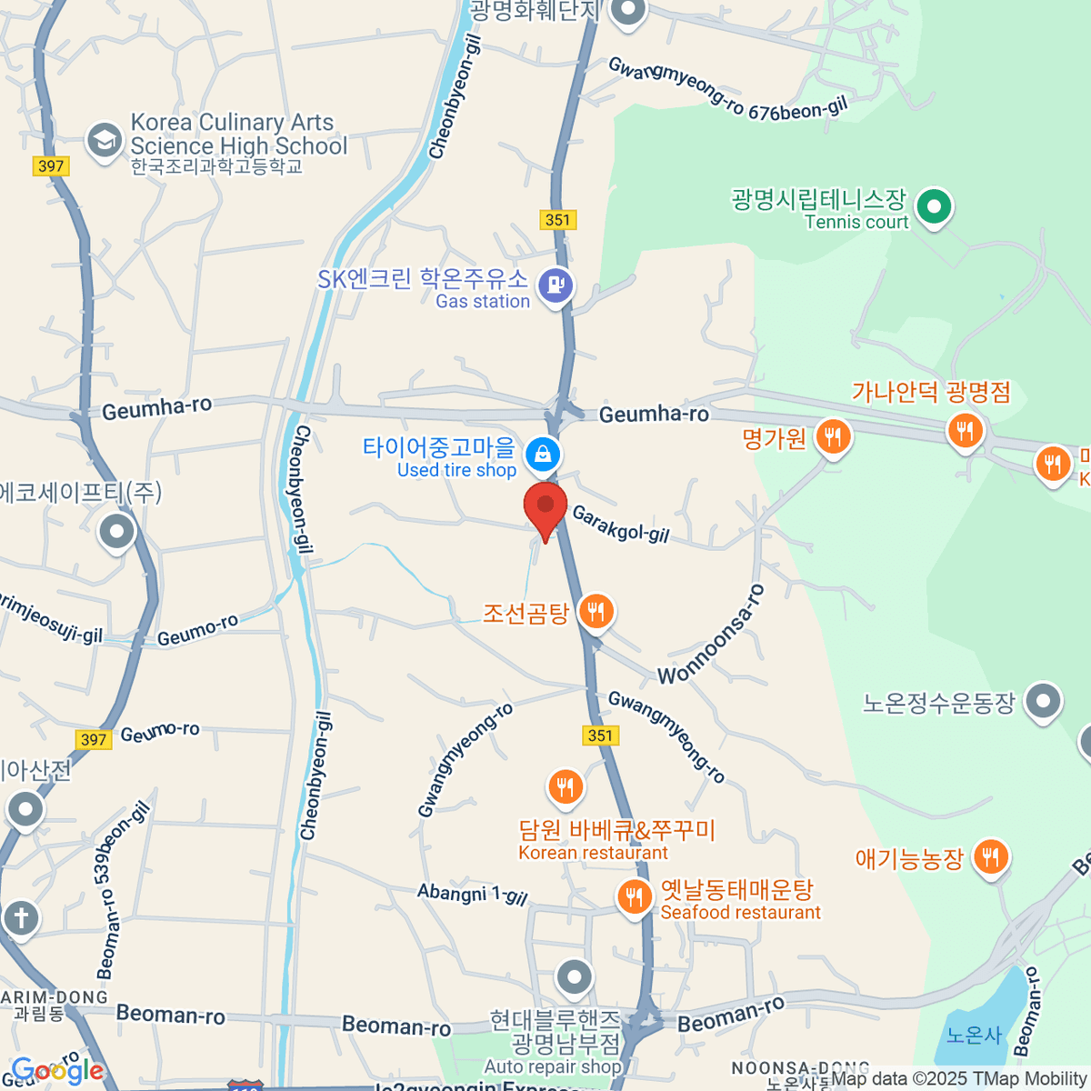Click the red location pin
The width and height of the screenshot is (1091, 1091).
point(545,505)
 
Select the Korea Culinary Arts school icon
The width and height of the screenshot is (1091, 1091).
point(105,141)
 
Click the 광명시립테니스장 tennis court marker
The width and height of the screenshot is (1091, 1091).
point(933,206)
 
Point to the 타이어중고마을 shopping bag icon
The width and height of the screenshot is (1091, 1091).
point(543,452)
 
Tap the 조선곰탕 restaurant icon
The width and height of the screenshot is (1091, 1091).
point(596,612)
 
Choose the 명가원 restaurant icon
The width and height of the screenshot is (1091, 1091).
point(832,437)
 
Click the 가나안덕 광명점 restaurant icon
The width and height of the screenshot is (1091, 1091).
point(965,430)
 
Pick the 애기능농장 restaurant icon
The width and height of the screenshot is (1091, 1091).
point(990,857)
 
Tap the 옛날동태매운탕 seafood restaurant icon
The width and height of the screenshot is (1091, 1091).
point(634,897)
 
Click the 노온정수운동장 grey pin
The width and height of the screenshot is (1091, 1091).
point(1043,702)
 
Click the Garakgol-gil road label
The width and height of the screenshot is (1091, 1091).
point(620,525)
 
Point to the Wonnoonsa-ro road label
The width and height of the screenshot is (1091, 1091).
point(712,636)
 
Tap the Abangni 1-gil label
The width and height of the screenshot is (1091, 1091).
point(472,894)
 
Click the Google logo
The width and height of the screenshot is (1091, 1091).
point(56,1070)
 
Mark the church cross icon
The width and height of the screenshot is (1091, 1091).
point(21,917)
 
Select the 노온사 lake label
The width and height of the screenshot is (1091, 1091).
point(973,1036)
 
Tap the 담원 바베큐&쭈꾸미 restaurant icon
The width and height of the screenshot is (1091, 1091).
point(566,786)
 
